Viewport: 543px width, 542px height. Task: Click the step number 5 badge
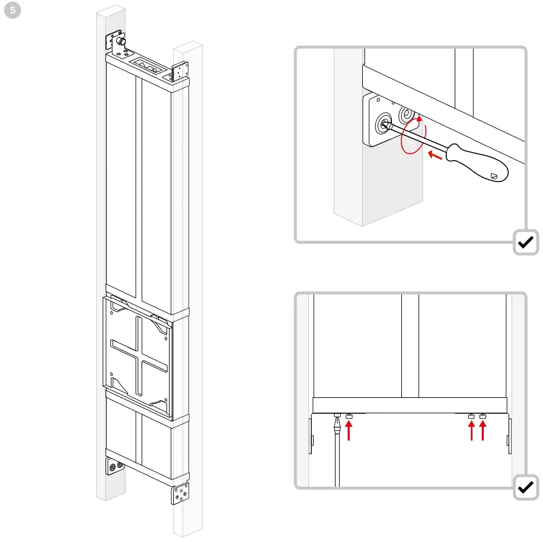click(x=11, y=11)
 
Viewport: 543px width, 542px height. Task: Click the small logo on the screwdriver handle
click(x=495, y=176)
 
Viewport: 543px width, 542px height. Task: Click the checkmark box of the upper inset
click(x=525, y=242)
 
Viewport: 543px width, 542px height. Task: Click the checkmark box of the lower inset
click(x=525, y=487)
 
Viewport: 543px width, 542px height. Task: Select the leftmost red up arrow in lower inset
click(x=349, y=431)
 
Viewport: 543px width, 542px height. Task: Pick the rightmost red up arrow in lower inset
click(x=483, y=431)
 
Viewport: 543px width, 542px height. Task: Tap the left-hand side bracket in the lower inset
click(x=311, y=436)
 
